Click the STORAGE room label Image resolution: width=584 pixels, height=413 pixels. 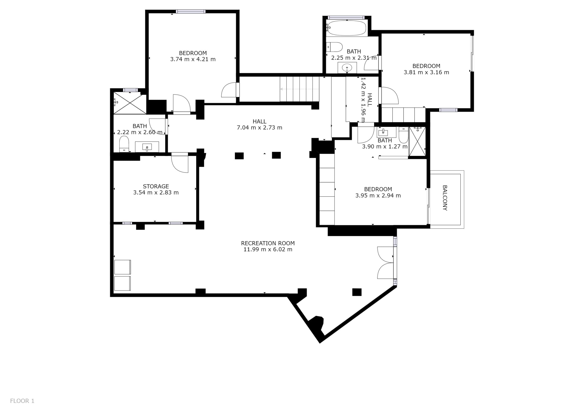point(156,186)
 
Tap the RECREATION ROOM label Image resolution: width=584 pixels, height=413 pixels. point(268,243)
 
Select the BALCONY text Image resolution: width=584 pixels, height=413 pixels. point(445,198)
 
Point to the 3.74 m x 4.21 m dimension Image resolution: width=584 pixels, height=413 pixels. point(193,59)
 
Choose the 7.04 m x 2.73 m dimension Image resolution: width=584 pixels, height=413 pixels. point(259,128)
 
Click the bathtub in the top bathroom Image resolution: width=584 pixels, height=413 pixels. point(347,28)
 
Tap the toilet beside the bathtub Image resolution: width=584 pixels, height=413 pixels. point(334,47)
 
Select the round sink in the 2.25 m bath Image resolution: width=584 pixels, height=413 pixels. point(347,68)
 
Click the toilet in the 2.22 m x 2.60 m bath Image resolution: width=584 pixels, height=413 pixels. point(124,144)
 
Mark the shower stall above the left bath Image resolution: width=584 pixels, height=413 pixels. point(130,103)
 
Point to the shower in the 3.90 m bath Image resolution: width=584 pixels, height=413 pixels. point(417,141)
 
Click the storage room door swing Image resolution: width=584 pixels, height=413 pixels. point(180,163)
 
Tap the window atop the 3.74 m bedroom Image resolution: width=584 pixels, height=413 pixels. point(190,11)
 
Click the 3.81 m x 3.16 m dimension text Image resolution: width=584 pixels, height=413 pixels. point(426,72)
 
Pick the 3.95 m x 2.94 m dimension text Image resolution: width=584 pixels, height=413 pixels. point(378,195)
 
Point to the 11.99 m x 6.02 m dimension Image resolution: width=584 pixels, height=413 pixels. point(268,249)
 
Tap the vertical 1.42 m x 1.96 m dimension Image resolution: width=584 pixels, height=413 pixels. point(363,100)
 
